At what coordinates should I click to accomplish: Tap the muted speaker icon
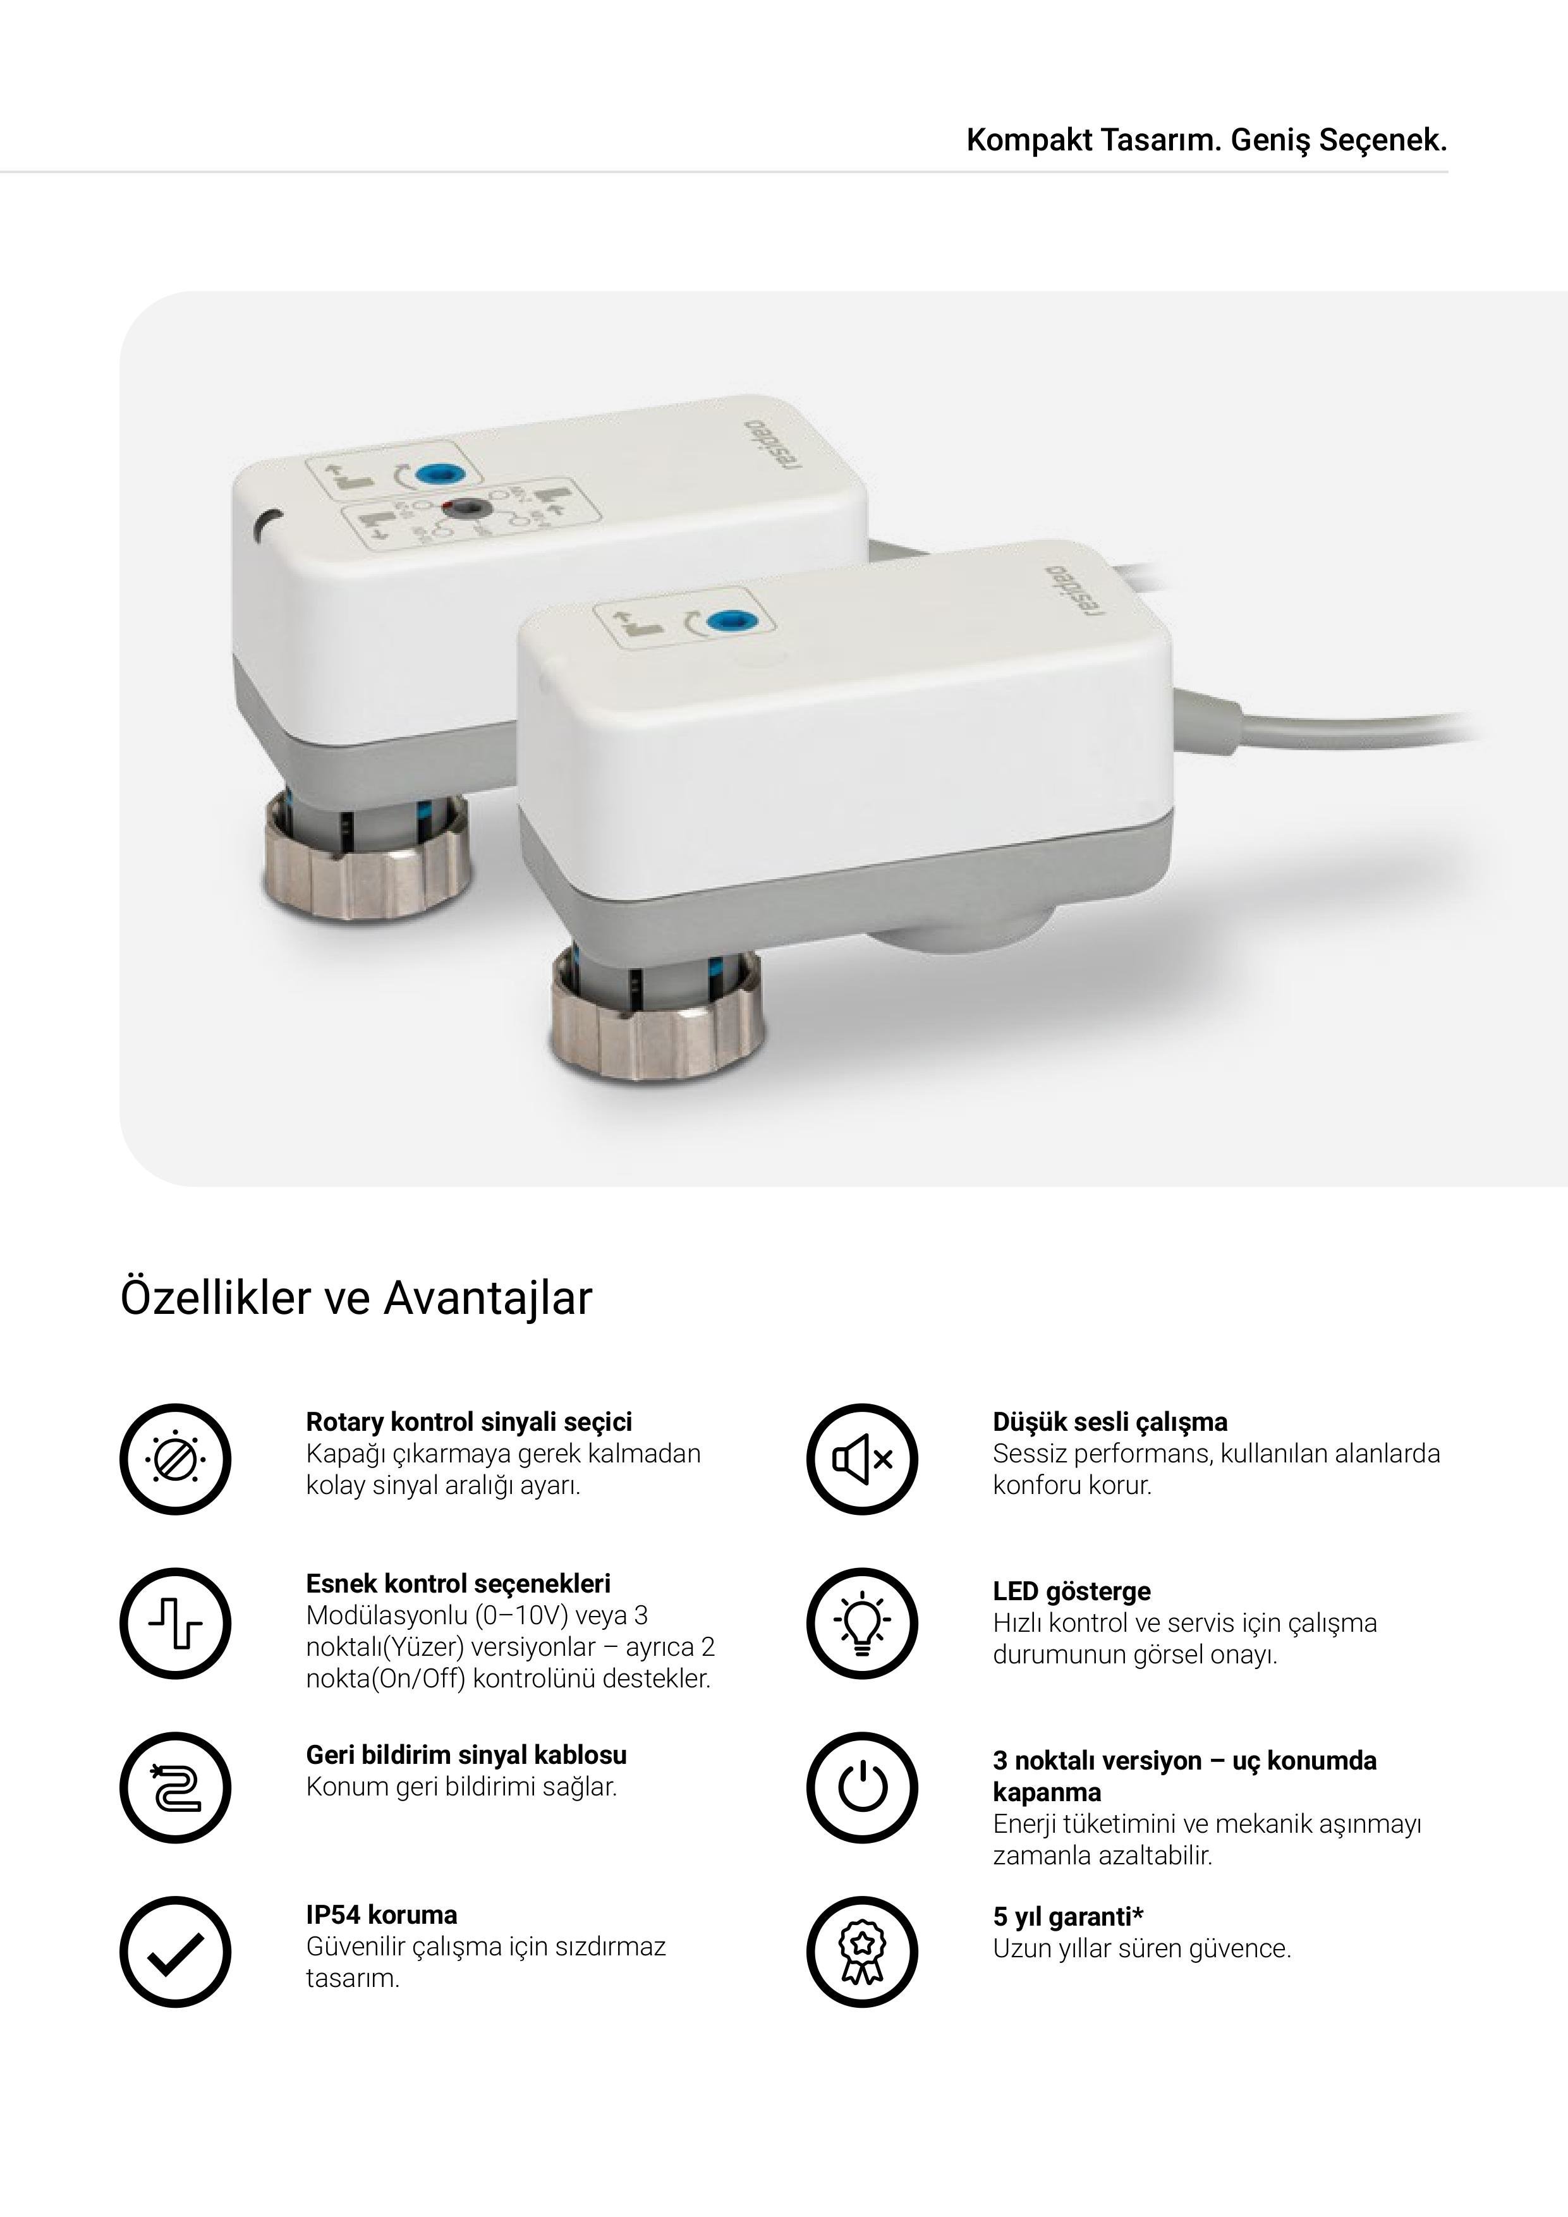[862, 1459]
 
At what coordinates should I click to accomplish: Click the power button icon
[862, 1789]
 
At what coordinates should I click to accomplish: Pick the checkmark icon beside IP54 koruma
[176, 1952]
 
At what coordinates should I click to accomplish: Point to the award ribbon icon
[862, 1952]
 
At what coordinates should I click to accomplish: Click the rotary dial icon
[176, 1459]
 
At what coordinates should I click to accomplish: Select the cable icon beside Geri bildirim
[176, 1789]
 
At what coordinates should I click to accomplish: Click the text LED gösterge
[1072, 1591]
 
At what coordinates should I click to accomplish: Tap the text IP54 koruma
[381, 1915]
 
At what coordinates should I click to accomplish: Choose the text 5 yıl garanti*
[1068, 1917]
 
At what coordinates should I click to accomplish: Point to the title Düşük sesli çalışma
[1110, 1423]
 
